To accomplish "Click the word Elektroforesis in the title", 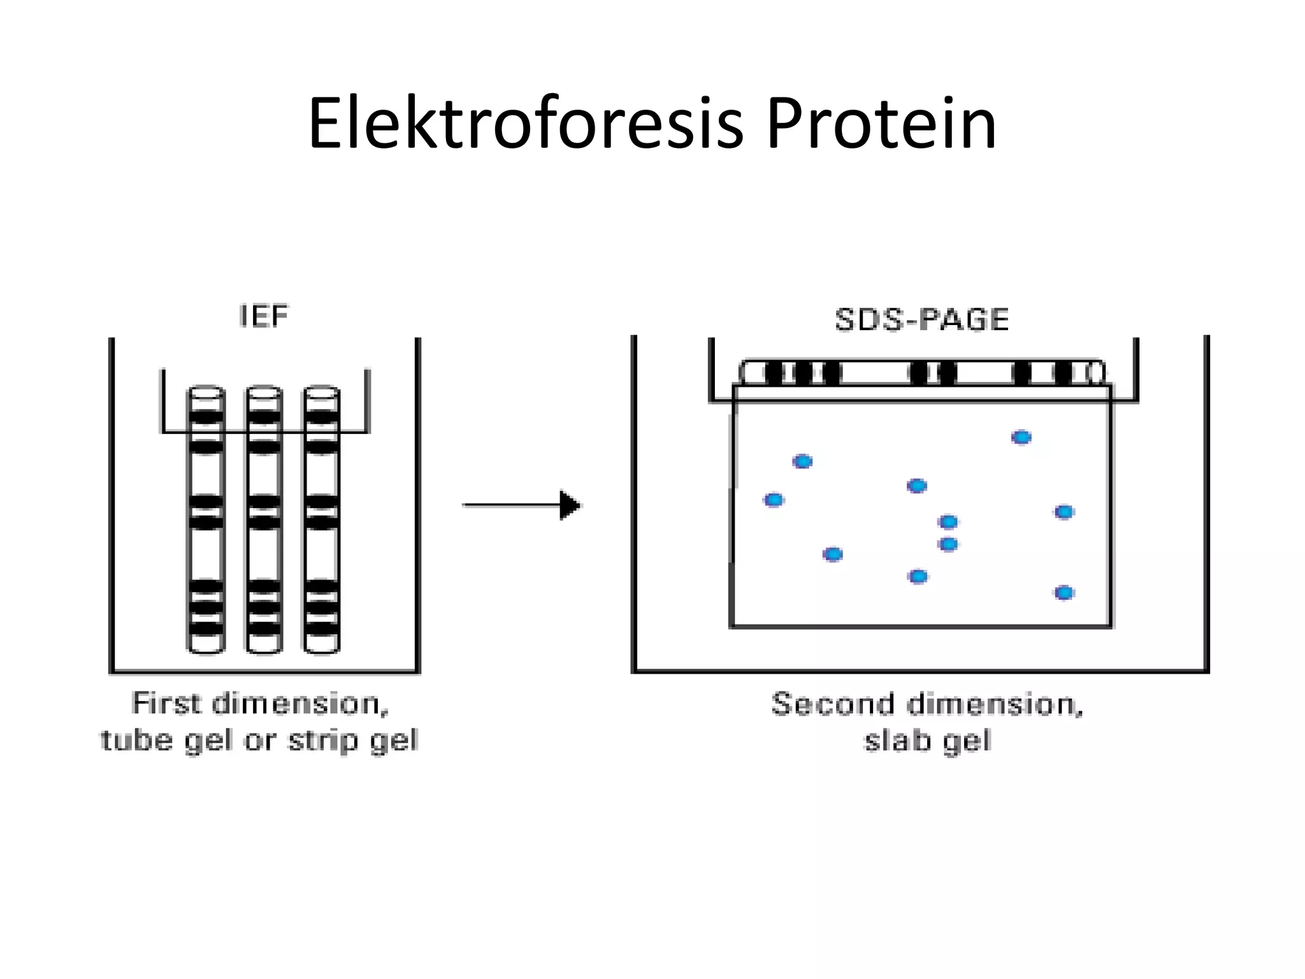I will (525, 124).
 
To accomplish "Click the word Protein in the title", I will (881, 124).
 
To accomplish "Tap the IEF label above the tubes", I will (263, 316).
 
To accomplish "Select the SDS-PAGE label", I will (921, 319).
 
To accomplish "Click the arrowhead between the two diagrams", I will (571, 505).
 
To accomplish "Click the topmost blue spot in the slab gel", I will (1021, 437).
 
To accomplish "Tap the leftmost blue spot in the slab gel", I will (774, 500).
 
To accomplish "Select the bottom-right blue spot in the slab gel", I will (1064, 593).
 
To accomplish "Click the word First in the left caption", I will (167, 704).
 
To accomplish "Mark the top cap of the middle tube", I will (264, 391).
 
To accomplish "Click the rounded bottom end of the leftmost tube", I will (205, 646).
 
